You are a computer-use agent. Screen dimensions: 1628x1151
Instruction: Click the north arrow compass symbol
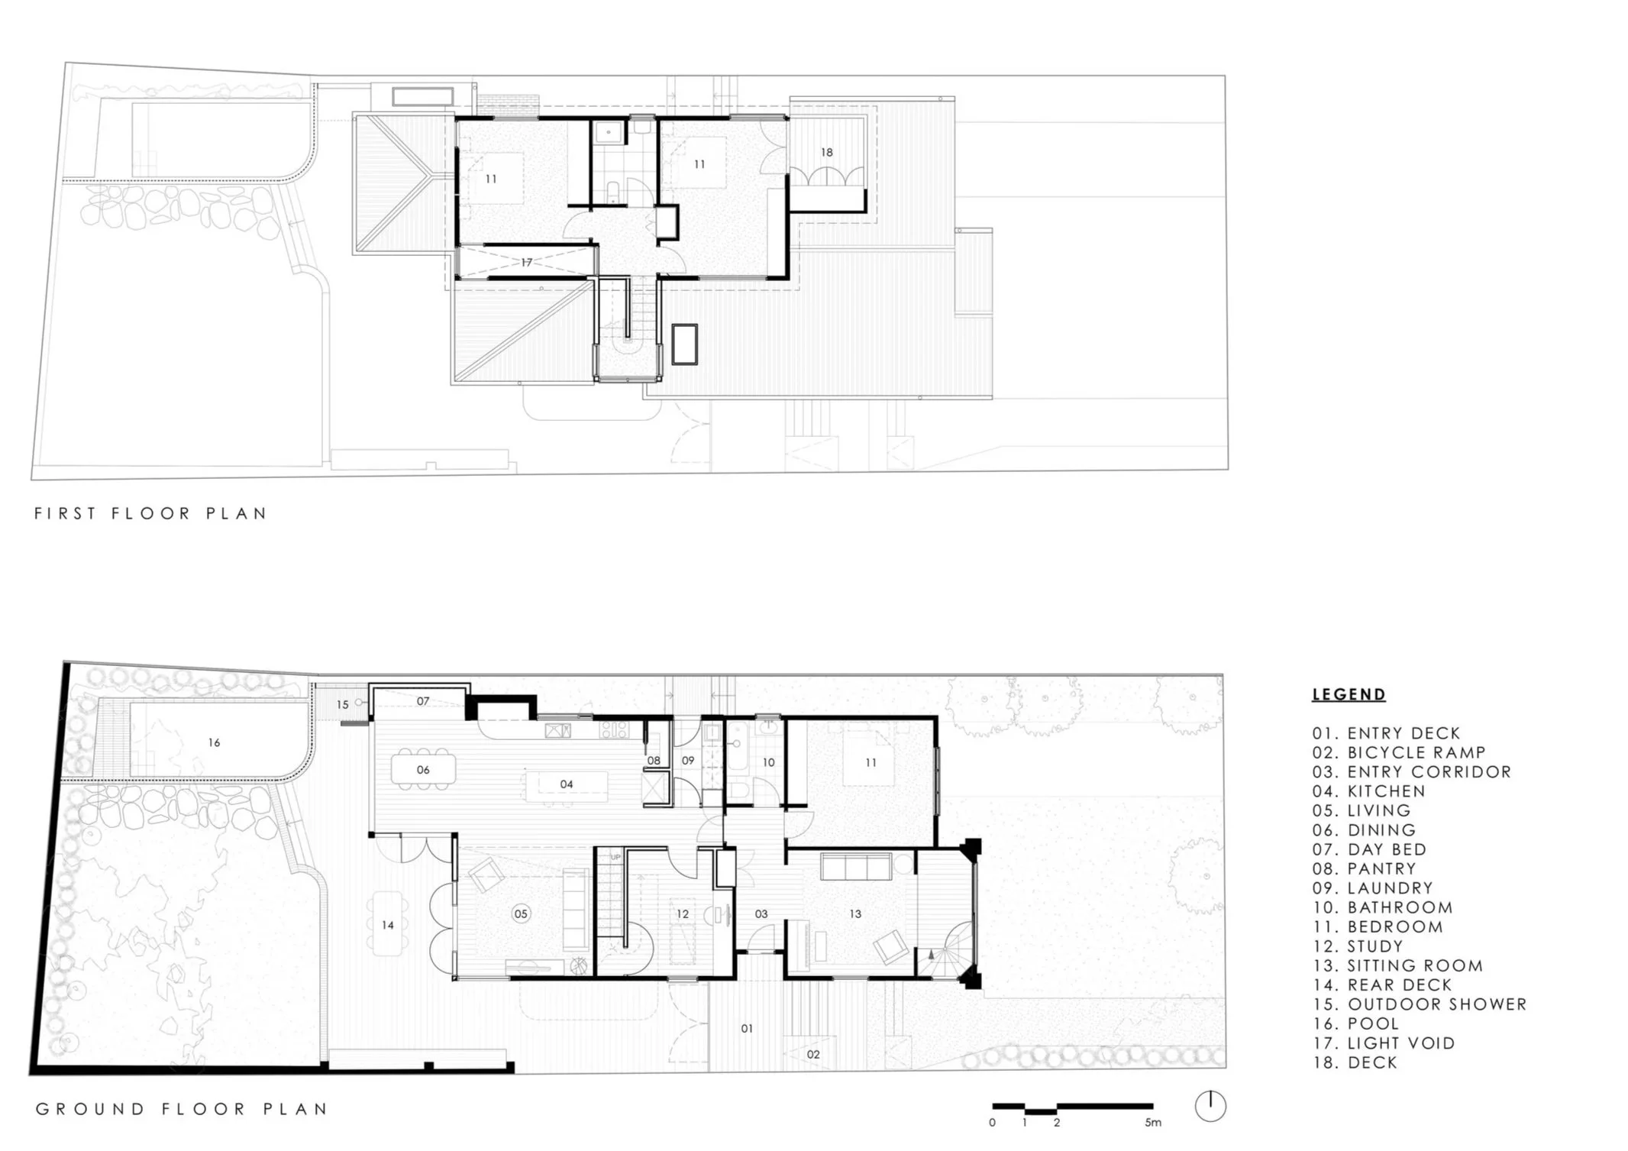coord(1210,1106)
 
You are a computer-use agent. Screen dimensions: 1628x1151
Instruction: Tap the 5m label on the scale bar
coord(1153,1123)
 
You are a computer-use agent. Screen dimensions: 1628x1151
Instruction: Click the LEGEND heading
coord(1349,694)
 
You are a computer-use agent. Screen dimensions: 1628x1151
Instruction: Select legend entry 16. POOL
coord(1355,1023)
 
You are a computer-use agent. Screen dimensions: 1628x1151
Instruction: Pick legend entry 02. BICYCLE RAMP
coord(1399,752)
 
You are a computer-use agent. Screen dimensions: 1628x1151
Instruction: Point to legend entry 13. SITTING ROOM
coord(1397,965)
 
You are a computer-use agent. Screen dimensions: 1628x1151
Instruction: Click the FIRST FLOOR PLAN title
coord(150,513)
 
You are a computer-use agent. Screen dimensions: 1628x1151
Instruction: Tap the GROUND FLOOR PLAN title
coord(182,1109)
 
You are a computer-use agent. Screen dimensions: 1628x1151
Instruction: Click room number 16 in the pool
coord(214,742)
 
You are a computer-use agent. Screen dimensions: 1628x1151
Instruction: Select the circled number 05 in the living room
coord(521,913)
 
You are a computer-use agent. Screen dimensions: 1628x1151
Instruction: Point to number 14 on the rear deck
coord(388,925)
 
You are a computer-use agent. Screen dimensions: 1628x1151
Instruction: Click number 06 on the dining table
coord(423,770)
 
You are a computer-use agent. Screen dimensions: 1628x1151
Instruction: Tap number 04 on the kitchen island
coord(566,784)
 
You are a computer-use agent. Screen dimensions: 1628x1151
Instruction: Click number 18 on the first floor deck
coord(826,152)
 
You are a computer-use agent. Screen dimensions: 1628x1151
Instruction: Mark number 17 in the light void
coord(527,262)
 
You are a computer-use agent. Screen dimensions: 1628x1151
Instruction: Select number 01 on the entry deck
coord(747,1028)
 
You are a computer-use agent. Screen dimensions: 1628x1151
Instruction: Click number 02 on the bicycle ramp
coord(813,1054)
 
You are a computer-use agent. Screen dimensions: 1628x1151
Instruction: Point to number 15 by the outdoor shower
coord(342,704)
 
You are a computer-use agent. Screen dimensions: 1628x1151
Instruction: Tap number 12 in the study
coord(683,913)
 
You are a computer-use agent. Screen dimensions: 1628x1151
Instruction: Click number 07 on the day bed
coord(423,700)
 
